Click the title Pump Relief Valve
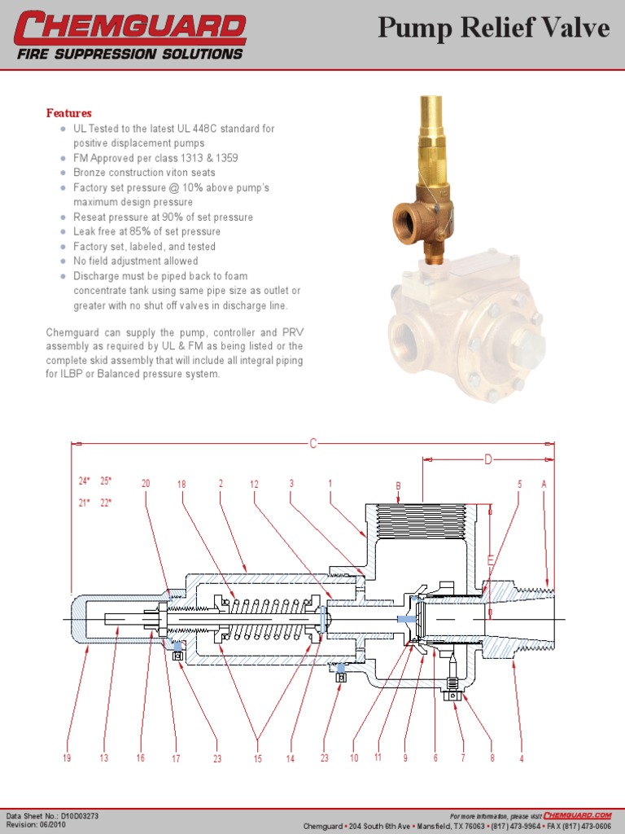tap(494, 29)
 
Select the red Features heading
tap(68, 113)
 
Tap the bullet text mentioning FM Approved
tap(155, 158)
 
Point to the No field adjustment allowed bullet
tap(135, 261)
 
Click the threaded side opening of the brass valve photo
tap(406, 220)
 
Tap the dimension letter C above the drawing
tap(313, 444)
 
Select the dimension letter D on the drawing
tap(488, 460)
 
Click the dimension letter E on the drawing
tap(490, 560)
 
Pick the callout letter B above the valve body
tap(399, 486)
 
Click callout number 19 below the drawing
tap(67, 758)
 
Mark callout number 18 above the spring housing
tap(181, 484)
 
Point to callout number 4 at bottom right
tap(522, 758)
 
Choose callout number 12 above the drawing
tap(254, 484)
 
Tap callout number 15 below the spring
tap(258, 758)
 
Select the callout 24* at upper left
tap(83, 481)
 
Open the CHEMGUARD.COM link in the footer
tap(577, 814)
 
